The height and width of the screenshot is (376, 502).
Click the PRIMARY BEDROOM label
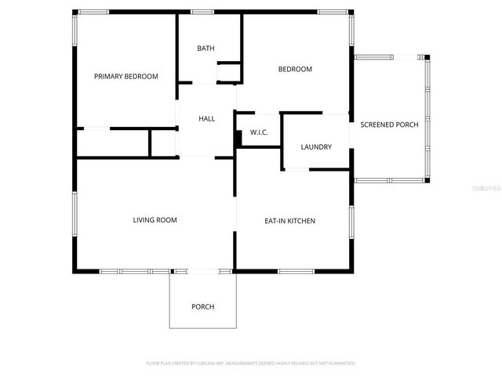click(126, 77)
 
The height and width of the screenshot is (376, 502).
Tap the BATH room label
click(206, 49)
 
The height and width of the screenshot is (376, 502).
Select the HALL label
click(206, 118)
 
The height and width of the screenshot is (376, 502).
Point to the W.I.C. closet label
click(259, 132)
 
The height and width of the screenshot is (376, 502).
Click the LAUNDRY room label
click(316, 146)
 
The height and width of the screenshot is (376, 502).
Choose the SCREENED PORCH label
click(389, 125)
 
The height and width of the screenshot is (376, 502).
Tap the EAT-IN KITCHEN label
click(289, 221)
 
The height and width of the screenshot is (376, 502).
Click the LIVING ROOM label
click(155, 220)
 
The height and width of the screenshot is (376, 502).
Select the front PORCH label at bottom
click(202, 306)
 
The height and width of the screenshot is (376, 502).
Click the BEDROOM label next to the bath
click(295, 69)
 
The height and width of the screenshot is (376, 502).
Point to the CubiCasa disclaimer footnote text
click(251, 363)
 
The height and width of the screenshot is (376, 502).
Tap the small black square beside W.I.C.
click(238, 137)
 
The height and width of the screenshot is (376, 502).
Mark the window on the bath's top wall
click(203, 12)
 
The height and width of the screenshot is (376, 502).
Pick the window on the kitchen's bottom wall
click(296, 271)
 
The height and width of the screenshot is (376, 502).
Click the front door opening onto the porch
click(202, 271)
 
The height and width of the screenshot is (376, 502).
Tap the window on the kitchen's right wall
click(351, 221)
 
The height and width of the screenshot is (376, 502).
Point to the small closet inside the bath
click(227, 73)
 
